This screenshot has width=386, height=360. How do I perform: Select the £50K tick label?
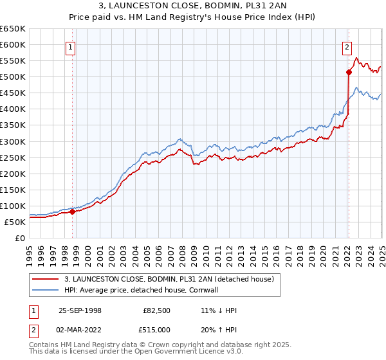pos(15,222)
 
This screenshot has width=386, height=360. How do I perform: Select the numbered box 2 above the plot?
pos(347,46)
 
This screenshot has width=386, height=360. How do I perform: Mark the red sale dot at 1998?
pos(72,212)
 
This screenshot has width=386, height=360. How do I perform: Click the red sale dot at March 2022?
pos(348,72)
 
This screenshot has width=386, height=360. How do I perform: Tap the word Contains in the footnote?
pos(44,345)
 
